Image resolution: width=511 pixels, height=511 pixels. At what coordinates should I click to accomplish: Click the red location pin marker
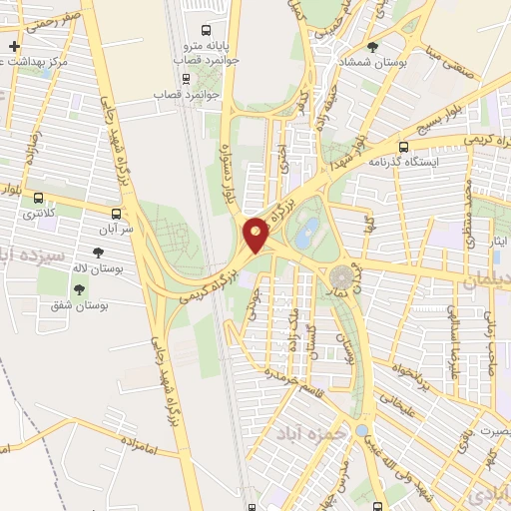click(256, 235)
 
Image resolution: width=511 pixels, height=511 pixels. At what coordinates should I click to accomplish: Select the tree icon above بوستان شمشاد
click(373, 46)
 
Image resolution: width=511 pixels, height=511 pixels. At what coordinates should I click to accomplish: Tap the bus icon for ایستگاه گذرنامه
click(404, 145)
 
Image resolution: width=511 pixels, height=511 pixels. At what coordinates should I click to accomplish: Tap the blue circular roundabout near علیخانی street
click(361, 430)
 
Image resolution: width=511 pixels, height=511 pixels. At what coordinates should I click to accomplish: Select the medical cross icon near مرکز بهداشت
click(14, 47)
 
